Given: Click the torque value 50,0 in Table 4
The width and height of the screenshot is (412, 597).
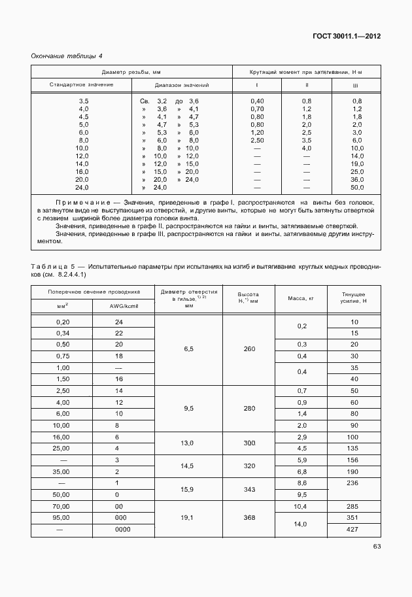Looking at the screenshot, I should click(x=357, y=188).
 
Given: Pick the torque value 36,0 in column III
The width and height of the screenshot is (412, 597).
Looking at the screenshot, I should click(x=357, y=180).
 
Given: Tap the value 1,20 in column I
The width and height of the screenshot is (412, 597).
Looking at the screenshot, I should click(x=257, y=132).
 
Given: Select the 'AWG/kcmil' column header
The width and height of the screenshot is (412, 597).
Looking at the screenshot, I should click(x=123, y=305).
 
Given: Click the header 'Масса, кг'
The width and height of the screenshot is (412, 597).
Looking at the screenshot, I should click(x=301, y=298).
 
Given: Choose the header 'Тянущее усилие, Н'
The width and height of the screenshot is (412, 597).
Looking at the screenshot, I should click(x=354, y=298).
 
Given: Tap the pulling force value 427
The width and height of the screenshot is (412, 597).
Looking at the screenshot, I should click(x=354, y=529).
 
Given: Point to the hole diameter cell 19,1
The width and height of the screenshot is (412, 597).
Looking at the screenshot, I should click(x=188, y=517).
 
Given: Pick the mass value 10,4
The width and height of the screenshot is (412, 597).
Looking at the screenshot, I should click(x=301, y=505).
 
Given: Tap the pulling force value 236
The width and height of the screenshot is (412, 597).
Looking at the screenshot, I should click(x=354, y=483).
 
